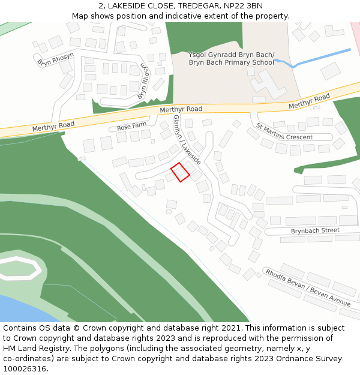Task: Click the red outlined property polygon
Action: [180, 172]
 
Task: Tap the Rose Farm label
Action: [132, 127]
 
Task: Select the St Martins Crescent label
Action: [284, 132]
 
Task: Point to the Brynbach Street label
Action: [315, 230]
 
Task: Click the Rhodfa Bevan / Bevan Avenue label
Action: [308, 287]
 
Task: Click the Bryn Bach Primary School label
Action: [231, 59]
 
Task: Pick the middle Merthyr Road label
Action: [181, 109]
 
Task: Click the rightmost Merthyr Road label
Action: [309, 101]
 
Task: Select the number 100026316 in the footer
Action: [25, 369]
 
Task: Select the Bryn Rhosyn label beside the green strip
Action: [143, 81]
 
